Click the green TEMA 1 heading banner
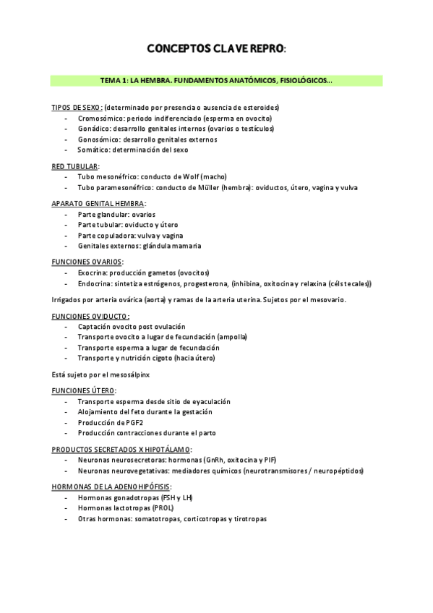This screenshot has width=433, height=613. tap(216, 81)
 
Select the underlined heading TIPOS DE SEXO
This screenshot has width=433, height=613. tap(77, 107)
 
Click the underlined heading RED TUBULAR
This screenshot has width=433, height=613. tap(74, 166)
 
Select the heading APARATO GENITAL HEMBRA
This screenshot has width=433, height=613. tap(98, 204)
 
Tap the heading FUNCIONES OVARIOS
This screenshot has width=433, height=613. tap(87, 262)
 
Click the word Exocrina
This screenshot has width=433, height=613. tap(93, 273)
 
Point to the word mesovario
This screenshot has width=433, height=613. tap(327, 299)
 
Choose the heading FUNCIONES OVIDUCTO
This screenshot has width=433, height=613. tap(90, 316)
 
